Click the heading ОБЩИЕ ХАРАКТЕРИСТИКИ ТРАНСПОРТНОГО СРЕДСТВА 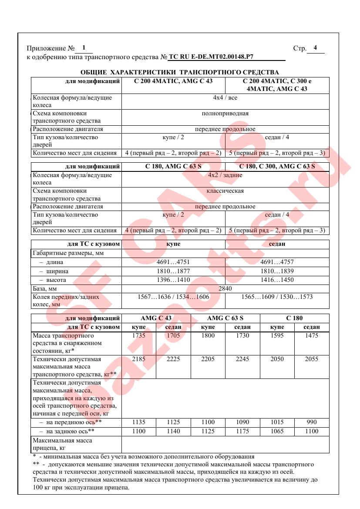[180, 72]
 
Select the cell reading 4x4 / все [225, 97]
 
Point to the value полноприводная [225, 114]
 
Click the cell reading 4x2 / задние [225, 175]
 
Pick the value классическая [225, 191]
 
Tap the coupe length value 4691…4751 [173, 262]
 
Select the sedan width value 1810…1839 [277, 271]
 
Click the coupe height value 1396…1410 [173, 280]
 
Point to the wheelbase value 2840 [225, 288]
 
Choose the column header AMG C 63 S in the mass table [225, 318]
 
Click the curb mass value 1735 [138, 335]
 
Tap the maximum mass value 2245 [242, 359]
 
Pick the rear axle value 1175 [242, 431]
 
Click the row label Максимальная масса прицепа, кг [63, 444]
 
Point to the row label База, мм [45, 288]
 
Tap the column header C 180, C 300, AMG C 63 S [277, 166]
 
